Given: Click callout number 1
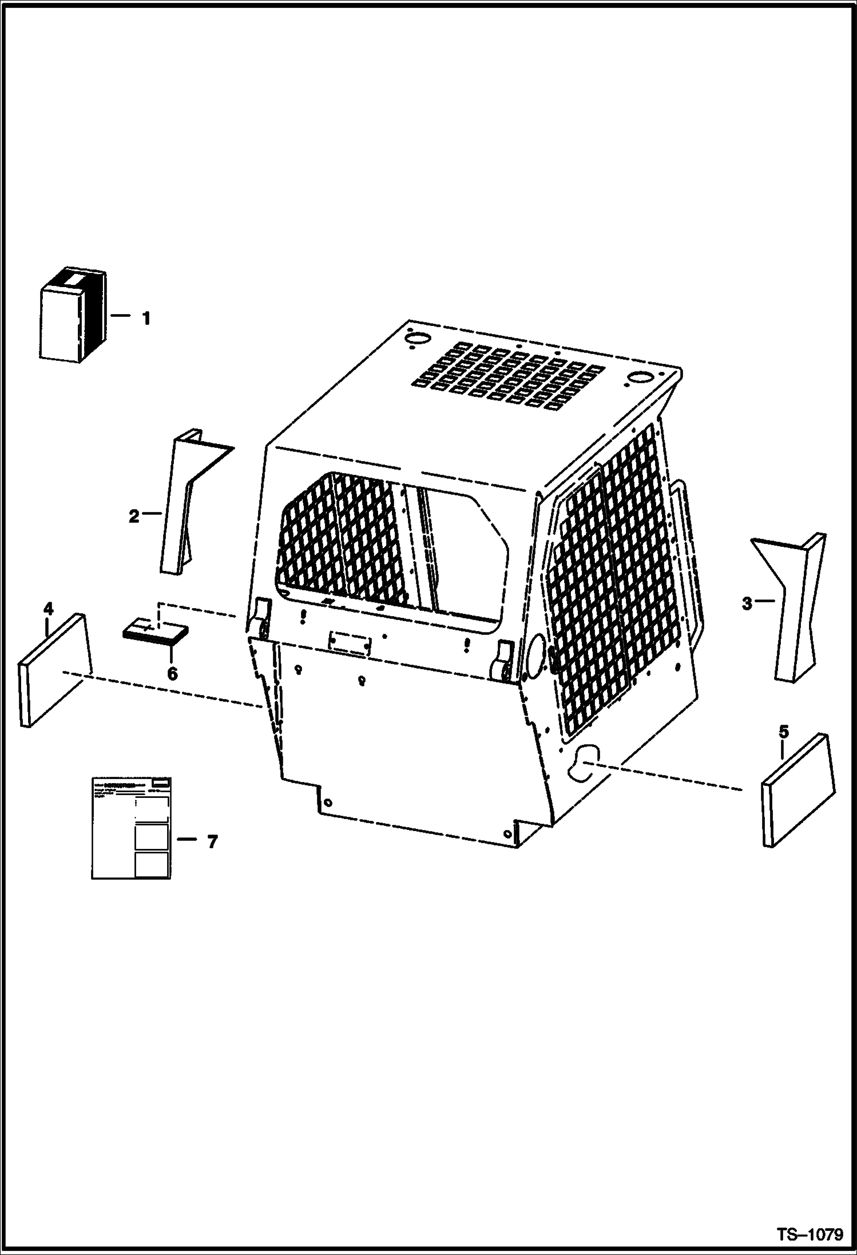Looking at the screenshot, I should click(146, 318).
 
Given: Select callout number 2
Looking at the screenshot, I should click(133, 517).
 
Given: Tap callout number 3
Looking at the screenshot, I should click(747, 603).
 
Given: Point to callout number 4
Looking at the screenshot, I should click(49, 609).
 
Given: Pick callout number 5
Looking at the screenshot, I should click(783, 731).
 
